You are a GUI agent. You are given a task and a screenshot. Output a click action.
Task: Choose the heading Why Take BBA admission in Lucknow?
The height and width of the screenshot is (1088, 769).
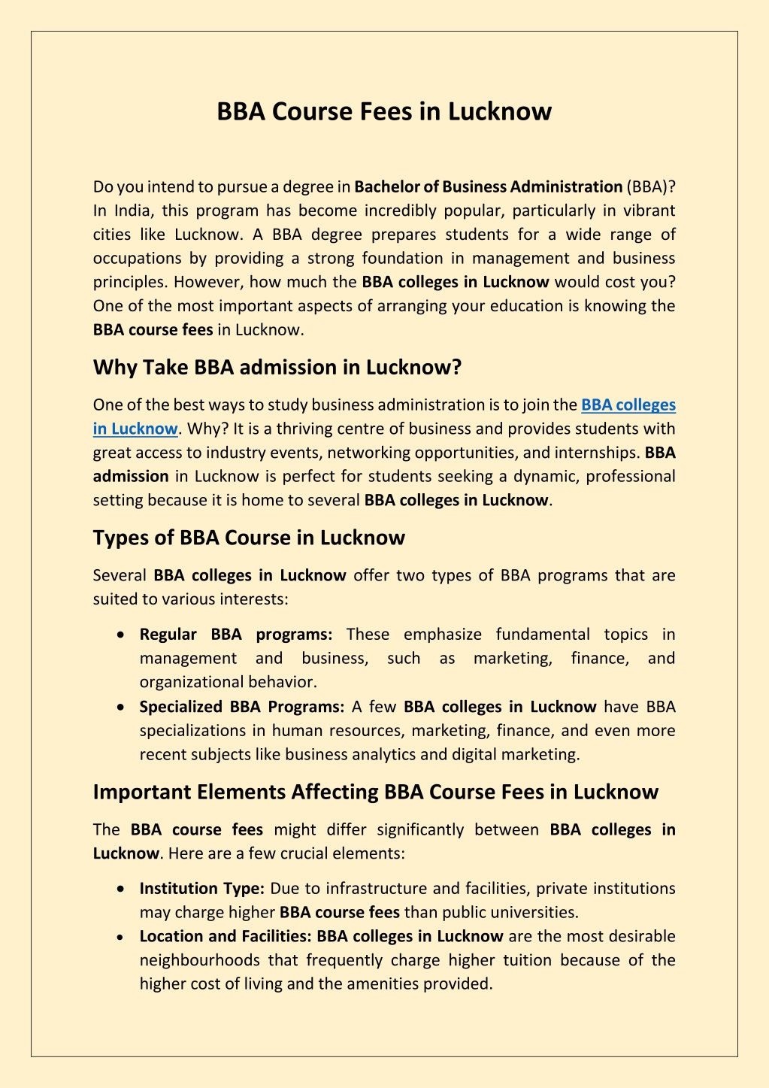[x=277, y=367]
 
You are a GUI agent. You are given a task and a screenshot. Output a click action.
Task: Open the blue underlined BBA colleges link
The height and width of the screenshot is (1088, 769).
[x=628, y=405]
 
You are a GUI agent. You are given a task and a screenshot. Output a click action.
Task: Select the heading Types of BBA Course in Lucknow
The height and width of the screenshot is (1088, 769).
[x=249, y=538]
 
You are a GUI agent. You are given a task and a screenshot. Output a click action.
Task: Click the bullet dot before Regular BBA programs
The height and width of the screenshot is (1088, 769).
[x=121, y=635]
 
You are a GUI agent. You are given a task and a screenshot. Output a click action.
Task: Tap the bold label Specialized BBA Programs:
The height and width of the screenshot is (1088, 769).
[x=242, y=707]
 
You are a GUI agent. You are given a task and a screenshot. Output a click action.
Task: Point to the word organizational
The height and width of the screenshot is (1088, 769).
[x=186, y=682]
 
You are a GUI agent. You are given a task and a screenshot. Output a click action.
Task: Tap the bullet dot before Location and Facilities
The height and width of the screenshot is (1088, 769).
[x=121, y=937]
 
